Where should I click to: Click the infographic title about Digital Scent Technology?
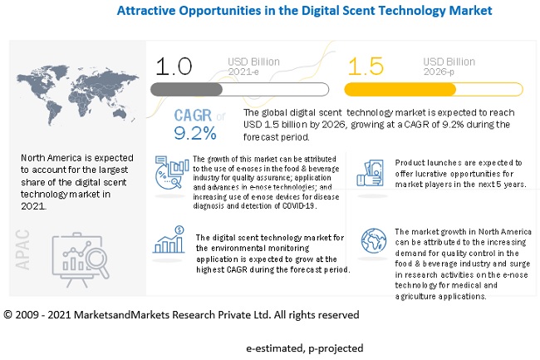click(304, 12)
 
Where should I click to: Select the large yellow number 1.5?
click(365, 66)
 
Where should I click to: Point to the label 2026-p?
click(440, 72)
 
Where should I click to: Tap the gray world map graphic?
click(76, 88)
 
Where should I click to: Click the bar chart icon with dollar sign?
click(169, 239)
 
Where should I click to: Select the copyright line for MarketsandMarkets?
click(181, 314)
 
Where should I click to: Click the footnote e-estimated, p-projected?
click(304, 348)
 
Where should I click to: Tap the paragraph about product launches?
click(459, 173)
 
